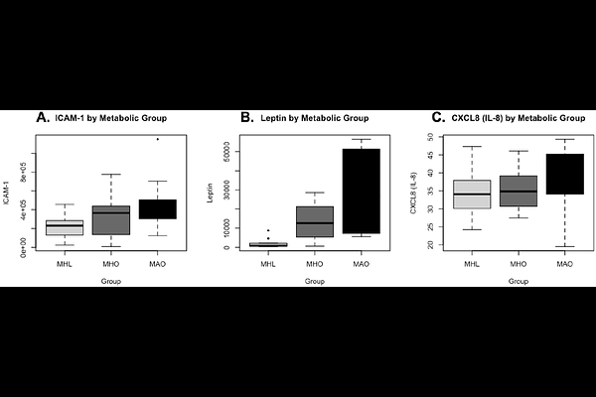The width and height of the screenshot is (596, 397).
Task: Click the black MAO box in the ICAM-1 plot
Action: (x=157, y=208)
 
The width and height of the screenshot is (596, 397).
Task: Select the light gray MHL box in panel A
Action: (x=65, y=227)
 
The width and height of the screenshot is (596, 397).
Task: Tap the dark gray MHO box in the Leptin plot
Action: (x=314, y=221)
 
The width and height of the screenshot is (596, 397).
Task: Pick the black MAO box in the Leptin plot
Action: (x=361, y=191)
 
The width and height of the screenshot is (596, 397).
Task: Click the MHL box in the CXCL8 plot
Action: (x=471, y=194)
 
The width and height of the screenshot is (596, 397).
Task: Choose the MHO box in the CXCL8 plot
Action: (x=518, y=191)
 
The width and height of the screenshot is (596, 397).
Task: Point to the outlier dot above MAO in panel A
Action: (x=157, y=139)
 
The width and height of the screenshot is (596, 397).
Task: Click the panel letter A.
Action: (x=42, y=117)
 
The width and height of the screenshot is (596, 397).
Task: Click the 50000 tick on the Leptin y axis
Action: (x=227, y=154)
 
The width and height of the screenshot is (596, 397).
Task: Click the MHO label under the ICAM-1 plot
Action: (x=111, y=263)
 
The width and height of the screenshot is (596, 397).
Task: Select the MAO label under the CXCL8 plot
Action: (x=564, y=263)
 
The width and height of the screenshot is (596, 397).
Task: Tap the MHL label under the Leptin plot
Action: (x=267, y=263)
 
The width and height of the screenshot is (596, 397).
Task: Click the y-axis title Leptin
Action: (x=212, y=194)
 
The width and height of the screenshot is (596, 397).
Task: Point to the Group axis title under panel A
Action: (x=111, y=281)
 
